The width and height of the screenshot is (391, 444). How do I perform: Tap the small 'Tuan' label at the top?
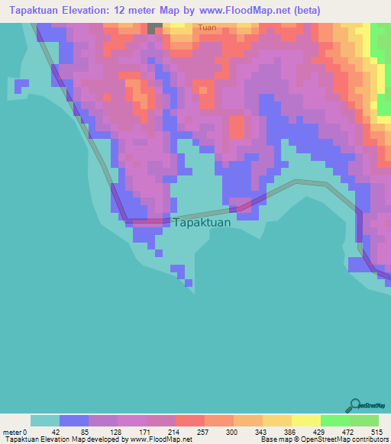point(207,27)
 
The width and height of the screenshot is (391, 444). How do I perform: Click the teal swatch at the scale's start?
point(44,420)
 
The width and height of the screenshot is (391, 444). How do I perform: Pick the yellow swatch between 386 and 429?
point(305,420)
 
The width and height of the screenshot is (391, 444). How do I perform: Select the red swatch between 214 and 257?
point(189,420)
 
